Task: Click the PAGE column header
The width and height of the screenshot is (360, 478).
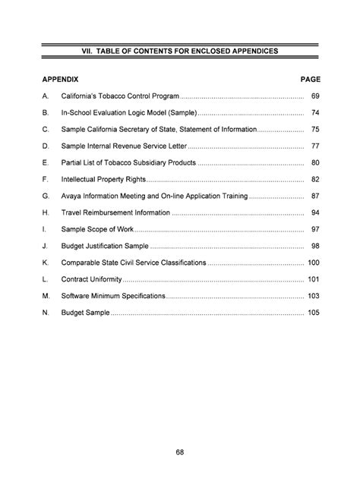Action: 311,79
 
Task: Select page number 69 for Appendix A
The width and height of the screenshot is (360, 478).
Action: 314,97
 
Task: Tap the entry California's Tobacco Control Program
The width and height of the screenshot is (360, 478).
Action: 120,97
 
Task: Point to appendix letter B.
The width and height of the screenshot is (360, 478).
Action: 46,113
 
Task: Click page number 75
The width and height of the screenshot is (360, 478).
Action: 314,130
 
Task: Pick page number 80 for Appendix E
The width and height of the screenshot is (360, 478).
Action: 314,162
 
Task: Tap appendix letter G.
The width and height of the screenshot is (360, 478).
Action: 46,196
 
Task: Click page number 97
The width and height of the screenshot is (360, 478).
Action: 314,229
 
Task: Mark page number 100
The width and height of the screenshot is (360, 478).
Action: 313,263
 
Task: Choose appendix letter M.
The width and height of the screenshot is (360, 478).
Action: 46,296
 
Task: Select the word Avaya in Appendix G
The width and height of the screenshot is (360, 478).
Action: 73,196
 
